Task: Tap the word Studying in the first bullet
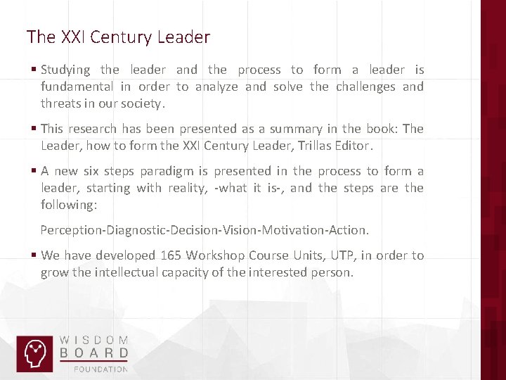(65, 70)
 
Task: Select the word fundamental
(77, 87)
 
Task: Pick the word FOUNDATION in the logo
(102, 368)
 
